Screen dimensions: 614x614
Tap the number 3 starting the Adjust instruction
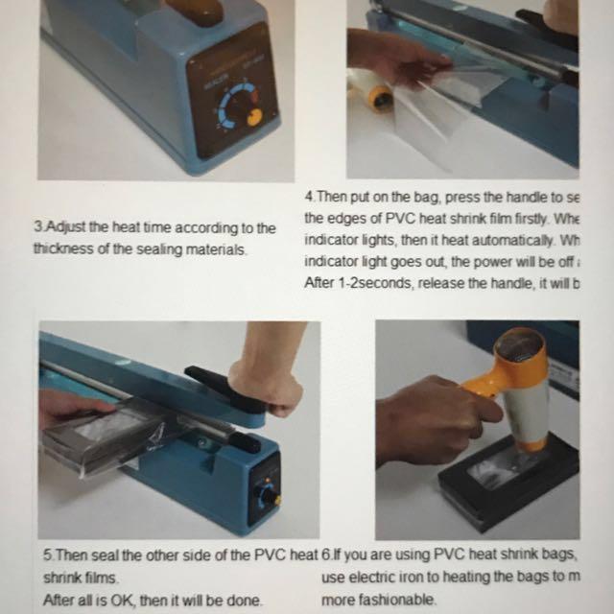click(36, 228)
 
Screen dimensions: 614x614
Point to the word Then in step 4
click(330, 197)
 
